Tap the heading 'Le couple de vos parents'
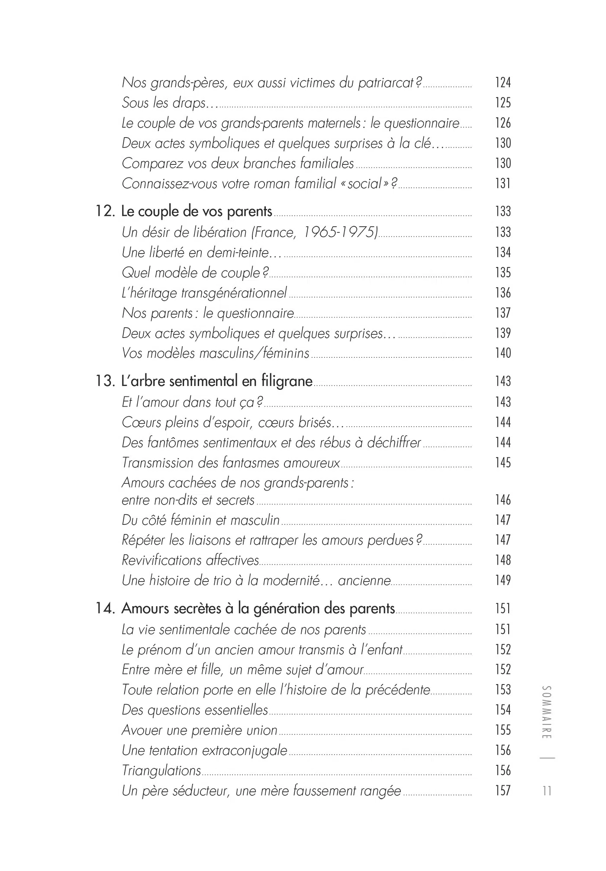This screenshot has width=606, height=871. [197, 212]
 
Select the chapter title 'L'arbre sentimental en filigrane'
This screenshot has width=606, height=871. [217, 381]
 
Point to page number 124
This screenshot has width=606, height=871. [503, 83]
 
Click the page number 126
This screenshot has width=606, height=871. [503, 123]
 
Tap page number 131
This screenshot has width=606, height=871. [503, 184]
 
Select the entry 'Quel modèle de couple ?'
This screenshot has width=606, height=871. [195, 273]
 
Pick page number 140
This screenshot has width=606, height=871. [503, 354]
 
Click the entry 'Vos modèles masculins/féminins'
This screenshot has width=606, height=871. [216, 354]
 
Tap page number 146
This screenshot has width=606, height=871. [503, 500]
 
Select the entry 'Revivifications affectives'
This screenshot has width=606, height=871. [190, 560]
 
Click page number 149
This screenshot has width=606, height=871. [503, 580]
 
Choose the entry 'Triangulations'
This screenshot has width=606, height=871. [161, 771]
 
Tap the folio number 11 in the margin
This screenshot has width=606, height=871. [547, 791]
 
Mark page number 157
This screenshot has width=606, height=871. [503, 791]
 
